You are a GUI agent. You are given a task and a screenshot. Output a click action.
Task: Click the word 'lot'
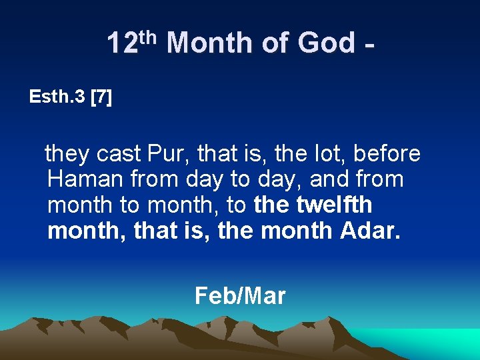coord(329,154)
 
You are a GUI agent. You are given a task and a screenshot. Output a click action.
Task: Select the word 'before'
coord(387,154)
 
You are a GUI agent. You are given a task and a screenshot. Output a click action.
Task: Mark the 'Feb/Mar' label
coord(240,295)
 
